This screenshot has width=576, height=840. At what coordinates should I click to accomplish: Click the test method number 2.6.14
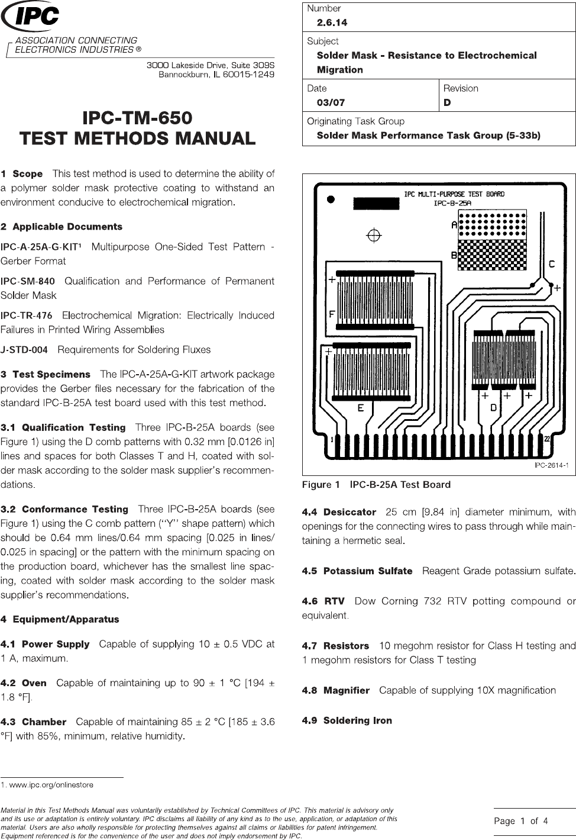point(332,22)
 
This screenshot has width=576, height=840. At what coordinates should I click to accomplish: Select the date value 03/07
point(331,102)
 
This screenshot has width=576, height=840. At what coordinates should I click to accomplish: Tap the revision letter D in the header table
point(447,102)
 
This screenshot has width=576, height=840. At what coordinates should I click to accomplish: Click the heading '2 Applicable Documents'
point(62,227)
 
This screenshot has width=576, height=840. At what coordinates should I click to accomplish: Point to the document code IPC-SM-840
point(28,281)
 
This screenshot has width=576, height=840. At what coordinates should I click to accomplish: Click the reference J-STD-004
point(24,350)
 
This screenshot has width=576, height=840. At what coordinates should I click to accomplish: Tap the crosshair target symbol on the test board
point(374,236)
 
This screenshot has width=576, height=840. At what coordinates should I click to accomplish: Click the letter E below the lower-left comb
point(360,408)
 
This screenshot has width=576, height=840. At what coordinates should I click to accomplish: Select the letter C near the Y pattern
point(552,264)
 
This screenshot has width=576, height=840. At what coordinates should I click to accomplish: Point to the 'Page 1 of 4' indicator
point(521,821)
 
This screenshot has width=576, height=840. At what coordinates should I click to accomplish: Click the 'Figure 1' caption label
point(321,485)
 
